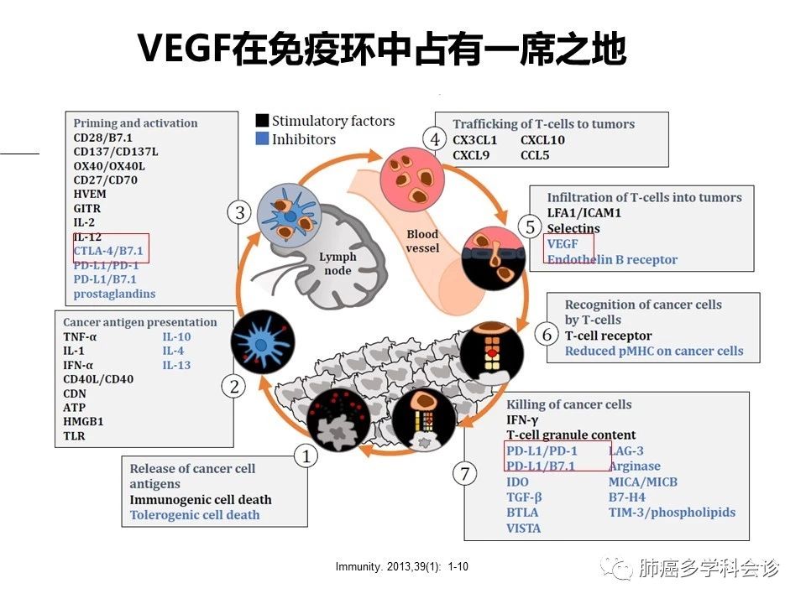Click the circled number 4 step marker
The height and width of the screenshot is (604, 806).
[x=434, y=139]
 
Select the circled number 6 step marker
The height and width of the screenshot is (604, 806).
[x=547, y=335]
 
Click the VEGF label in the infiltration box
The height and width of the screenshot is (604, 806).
[x=562, y=244]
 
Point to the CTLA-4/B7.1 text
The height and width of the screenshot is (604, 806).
[x=108, y=251]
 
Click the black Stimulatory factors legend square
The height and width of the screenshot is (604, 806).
[x=262, y=122]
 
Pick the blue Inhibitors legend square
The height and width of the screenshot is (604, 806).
[x=262, y=140]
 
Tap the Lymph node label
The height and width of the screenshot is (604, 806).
[x=338, y=263]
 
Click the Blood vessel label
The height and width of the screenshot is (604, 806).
[x=422, y=242]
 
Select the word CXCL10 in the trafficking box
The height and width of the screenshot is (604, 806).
[x=542, y=140]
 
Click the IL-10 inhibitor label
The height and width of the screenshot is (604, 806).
[x=177, y=337]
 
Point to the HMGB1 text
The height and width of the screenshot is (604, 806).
[x=85, y=422]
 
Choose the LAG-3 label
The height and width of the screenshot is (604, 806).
[x=625, y=451]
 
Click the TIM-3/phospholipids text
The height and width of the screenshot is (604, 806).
[x=672, y=512]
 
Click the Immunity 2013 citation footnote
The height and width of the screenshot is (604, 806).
[x=401, y=568]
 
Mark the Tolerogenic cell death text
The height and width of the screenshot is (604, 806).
[x=195, y=515]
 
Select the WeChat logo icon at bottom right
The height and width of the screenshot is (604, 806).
[x=622, y=570]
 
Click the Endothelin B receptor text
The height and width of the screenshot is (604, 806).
[x=612, y=259]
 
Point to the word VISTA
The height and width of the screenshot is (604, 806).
[x=523, y=528]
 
